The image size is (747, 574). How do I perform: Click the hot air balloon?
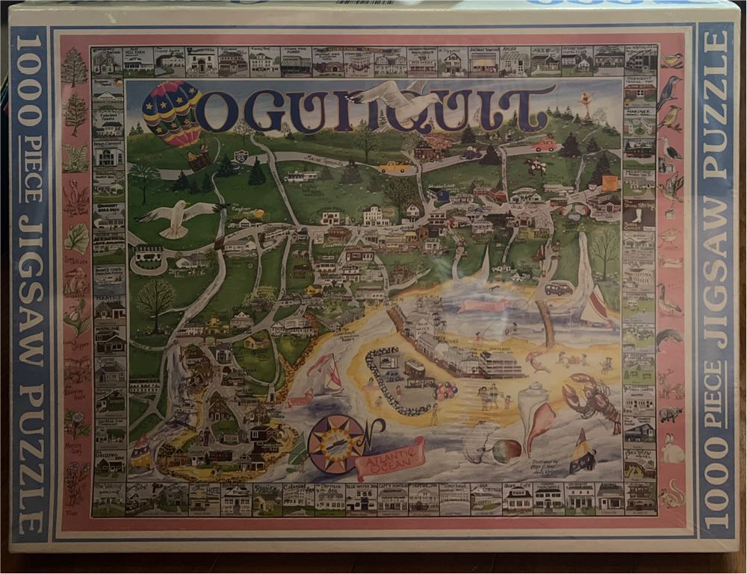coord(172,111)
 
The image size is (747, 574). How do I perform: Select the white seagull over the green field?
coord(178,217)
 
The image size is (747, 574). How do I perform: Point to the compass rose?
coord(337,444)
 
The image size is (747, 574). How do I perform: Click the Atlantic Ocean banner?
coord(390,456)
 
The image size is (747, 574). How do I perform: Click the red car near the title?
coord(545,145)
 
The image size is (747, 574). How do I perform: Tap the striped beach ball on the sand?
coord(506,450)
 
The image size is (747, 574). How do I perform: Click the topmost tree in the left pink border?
coord(74,67)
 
